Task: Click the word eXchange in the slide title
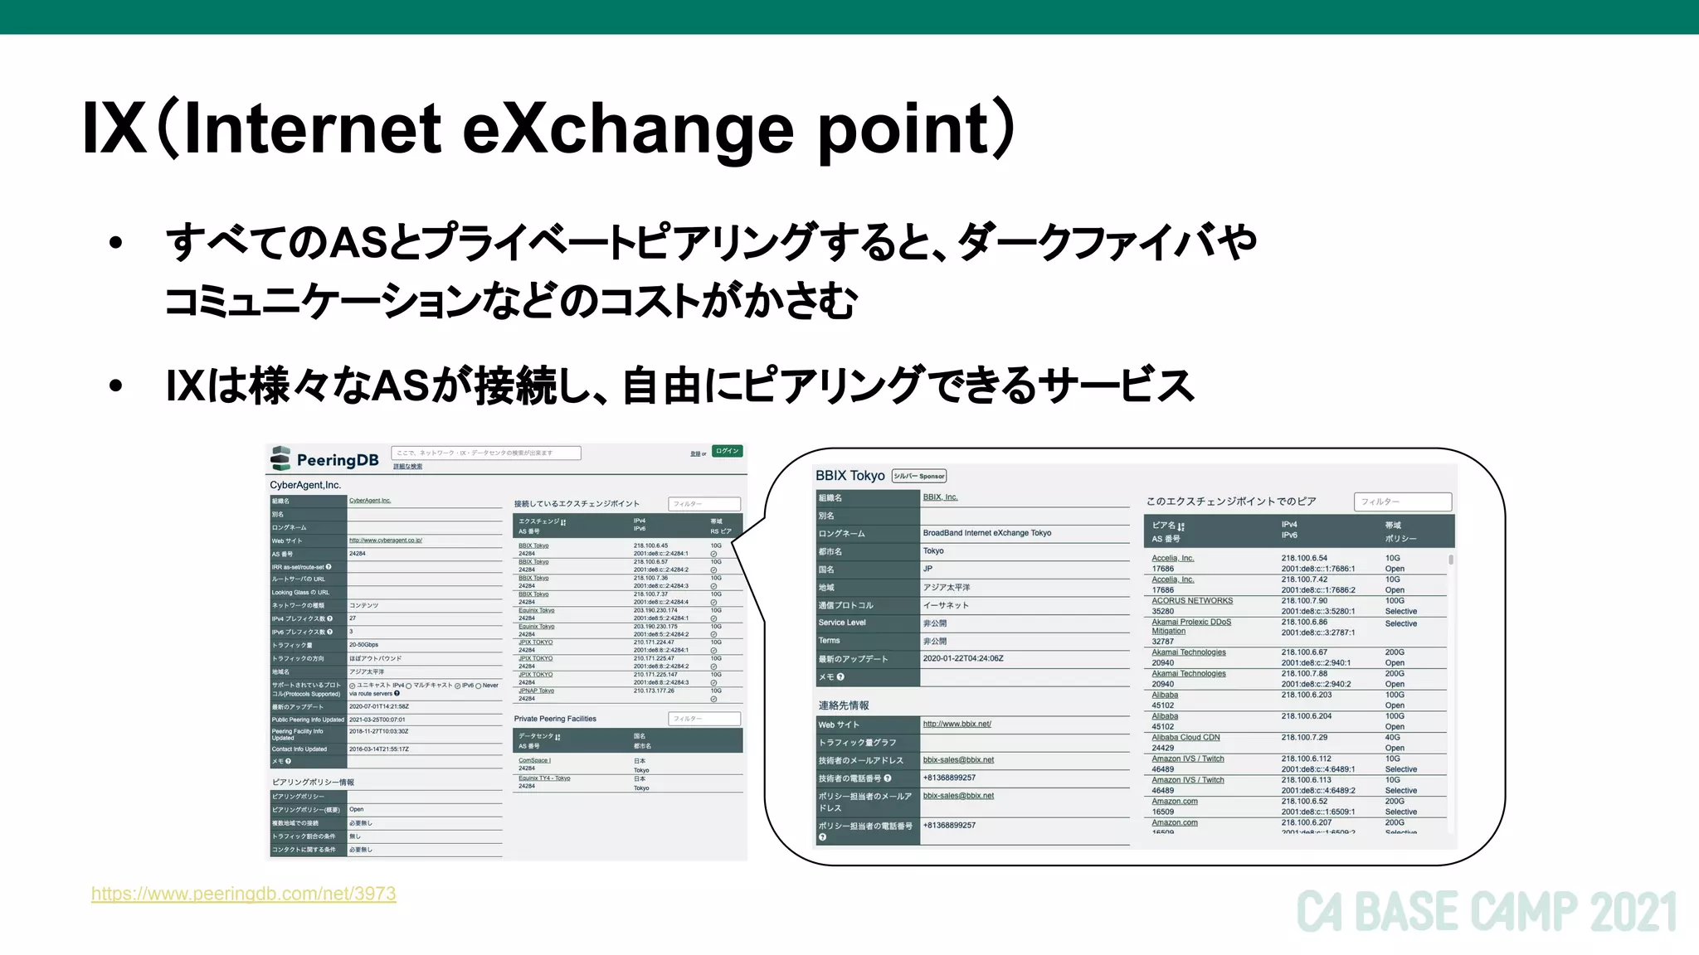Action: [x=627, y=129]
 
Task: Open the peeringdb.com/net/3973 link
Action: [x=243, y=894]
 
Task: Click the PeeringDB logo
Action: [x=324, y=459]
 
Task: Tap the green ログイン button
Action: [x=727, y=452]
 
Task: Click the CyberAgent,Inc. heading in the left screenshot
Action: [x=305, y=485]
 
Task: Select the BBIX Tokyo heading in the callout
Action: [x=849, y=476]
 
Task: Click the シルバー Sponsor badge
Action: [x=918, y=477]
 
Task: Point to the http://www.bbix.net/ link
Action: [x=957, y=724]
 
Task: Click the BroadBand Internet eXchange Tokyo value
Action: [x=986, y=533]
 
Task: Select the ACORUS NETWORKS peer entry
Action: [x=1191, y=601]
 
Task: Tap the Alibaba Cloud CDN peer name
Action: [x=1185, y=737]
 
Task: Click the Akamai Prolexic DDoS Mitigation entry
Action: [x=1190, y=626]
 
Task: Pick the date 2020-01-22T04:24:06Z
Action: [x=962, y=658]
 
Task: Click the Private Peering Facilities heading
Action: [x=554, y=719]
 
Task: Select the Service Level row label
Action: [x=841, y=623]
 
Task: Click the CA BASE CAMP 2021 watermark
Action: [x=1486, y=913]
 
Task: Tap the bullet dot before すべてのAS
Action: [x=115, y=244]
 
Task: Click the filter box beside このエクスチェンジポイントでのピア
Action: [x=1402, y=502]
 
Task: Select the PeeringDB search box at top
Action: [x=485, y=453]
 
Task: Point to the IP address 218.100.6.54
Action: [x=1304, y=558]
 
